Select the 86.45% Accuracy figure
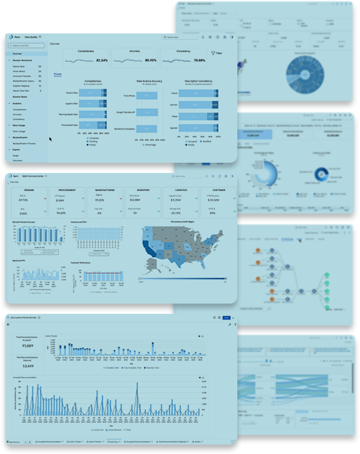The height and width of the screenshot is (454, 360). pos(150,60)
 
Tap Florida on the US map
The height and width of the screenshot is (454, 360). pos(210,265)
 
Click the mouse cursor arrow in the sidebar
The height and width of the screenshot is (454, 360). pos(50,138)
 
